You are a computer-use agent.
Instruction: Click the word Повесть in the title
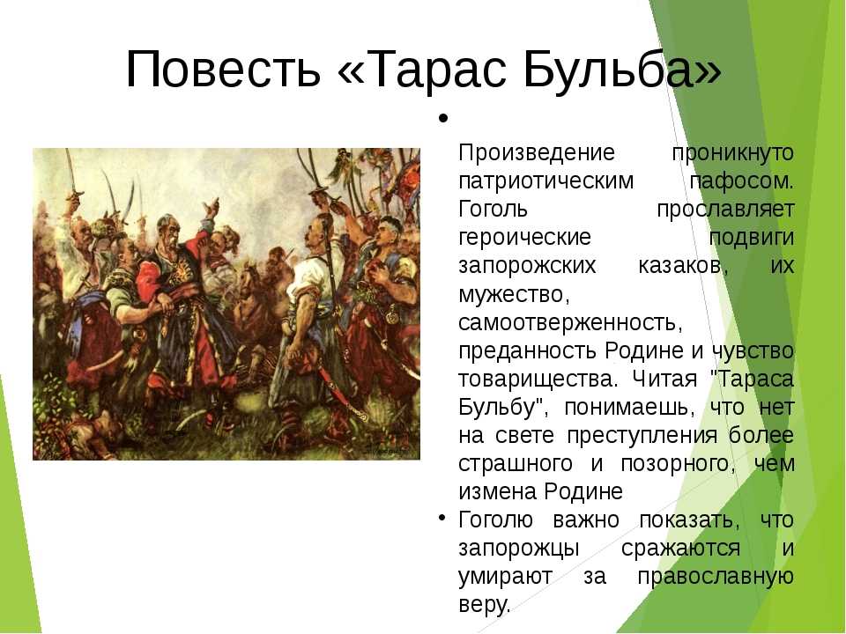(x=223, y=69)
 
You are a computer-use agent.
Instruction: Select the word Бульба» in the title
(x=621, y=69)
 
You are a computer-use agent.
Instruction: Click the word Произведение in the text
(x=537, y=152)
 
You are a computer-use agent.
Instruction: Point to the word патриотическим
(x=546, y=181)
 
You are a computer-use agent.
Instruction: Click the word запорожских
(x=527, y=266)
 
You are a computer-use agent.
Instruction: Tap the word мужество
(x=514, y=294)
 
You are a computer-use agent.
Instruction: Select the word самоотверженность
(x=570, y=322)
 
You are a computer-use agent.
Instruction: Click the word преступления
(x=642, y=436)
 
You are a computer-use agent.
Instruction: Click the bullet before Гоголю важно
(x=442, y=518)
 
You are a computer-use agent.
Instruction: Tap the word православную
(x=716, y=577)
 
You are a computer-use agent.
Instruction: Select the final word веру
(x=484, y=604)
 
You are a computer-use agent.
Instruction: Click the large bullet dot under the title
(x=443, y=118)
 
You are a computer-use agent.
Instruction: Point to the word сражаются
(x=680, y=549)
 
